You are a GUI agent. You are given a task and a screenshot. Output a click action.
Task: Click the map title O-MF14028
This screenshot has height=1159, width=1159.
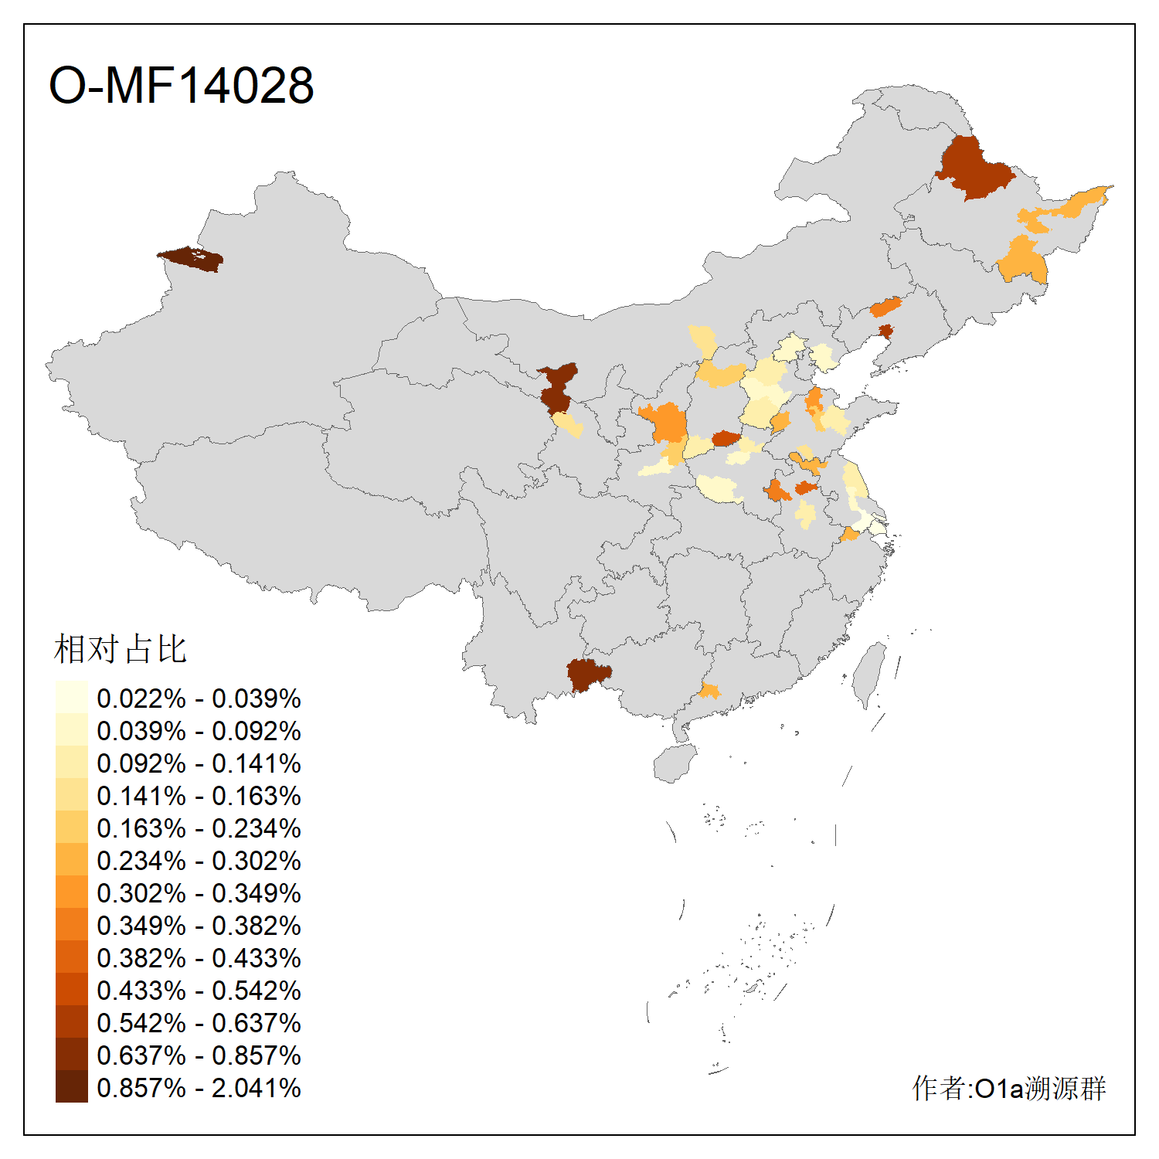point(182,85)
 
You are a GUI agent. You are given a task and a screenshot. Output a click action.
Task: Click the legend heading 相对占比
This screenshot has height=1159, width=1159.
point(120,649)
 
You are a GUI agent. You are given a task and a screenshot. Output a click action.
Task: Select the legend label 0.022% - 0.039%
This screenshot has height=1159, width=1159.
point(199,698)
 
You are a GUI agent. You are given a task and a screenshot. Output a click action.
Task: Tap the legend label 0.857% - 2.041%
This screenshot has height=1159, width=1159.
point(199,1088)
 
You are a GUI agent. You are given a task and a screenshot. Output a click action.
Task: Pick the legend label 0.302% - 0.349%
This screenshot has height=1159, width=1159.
point(199,893)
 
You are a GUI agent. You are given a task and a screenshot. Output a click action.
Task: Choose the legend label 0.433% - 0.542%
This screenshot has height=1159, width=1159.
point(199,991)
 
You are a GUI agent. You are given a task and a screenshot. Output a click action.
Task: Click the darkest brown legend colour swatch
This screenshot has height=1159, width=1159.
point(71,1086)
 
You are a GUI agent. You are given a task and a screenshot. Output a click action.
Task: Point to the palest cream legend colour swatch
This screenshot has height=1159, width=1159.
point(71,697)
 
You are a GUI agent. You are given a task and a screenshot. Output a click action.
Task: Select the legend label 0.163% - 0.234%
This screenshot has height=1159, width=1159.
point(199,828)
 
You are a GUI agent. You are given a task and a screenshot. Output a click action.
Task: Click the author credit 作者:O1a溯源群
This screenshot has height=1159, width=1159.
point(1008,1088)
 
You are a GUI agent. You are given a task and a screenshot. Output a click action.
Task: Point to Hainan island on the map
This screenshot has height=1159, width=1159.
point(674,763)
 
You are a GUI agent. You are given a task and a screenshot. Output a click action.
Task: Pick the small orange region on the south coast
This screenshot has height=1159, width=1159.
point(709,690)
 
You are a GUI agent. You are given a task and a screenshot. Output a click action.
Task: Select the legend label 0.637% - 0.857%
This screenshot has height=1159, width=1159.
point(199,1055)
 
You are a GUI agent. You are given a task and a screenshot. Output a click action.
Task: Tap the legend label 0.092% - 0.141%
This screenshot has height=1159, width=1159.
point(199,763)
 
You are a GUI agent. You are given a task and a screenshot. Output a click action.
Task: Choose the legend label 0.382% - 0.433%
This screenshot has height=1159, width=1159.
point(199,958)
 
